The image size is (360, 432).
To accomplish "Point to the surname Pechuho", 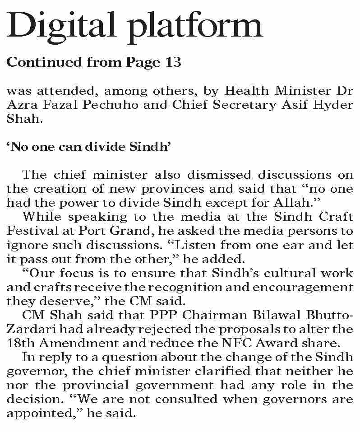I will [x=106, y=105].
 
